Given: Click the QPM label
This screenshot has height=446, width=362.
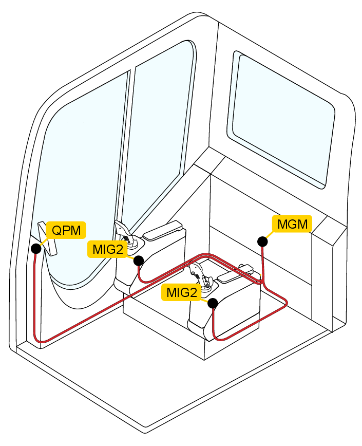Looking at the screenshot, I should click(x=66, y=230).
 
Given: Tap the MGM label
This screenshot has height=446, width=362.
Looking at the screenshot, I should click(x=292, y=224).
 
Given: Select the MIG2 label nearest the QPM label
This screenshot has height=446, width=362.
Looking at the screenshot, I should click(x=108, y=249).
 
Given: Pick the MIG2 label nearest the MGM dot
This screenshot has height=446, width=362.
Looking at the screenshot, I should click(x=182, y=292).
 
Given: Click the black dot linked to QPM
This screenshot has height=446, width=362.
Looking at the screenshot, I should click(x=36, y=249).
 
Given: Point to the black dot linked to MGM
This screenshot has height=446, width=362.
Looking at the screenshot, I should click(x=263, y=241).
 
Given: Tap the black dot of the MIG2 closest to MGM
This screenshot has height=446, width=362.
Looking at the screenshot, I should click(x=212, y=303).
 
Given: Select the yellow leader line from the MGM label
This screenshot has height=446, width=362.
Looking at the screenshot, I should click(x=270, y=234).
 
